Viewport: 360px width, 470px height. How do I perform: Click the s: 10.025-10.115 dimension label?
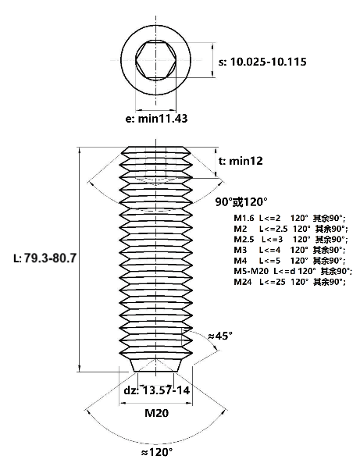point(262,62)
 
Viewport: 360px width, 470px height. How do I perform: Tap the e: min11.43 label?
point(156,119)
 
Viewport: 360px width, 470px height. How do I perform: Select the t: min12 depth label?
point(241,161)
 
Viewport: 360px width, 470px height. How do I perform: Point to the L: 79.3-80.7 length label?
point(45,258)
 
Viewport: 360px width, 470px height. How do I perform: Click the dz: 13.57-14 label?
point(157,390)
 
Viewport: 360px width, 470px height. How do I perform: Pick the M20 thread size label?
point(156,413)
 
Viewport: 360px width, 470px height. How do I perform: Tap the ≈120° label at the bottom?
point(156,452)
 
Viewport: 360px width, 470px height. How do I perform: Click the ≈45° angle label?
point(220,336)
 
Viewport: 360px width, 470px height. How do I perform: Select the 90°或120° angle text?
point(241,202)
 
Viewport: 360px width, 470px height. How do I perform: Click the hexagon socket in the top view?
point(155,60)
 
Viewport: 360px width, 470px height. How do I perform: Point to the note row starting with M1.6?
point(290,219)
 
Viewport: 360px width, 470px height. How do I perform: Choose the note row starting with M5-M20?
point(293,271)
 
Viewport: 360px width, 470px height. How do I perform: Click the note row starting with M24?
point(290,282)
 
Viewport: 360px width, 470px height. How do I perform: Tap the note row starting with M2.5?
point(290,240)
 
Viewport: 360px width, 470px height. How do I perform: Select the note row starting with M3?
point(290,250)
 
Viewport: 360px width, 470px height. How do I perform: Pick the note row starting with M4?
point(290,261)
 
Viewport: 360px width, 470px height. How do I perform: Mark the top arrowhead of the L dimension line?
point(80,151)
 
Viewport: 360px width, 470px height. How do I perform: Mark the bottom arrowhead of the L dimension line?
point(80,369)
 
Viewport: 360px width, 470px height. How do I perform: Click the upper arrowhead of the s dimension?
point(212,46)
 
